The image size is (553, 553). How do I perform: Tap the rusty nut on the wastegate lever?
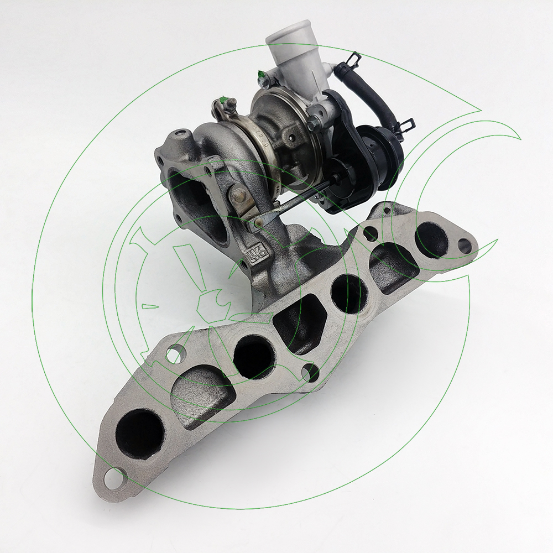click(x=239, y=195)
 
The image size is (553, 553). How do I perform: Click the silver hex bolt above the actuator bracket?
click(x=313, y=125)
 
